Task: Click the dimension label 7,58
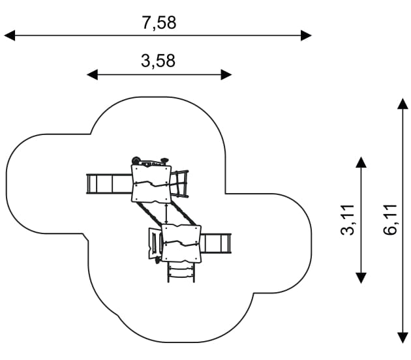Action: [x=159, y=23]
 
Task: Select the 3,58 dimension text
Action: [x=158, y=61]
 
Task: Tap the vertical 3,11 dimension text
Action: [x=348, y=219]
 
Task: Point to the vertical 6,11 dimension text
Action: [x=389, y=219]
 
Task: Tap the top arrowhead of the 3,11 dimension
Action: [x=361, y=162]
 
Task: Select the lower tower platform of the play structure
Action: [x=181, y=243]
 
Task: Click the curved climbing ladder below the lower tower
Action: [x=181, y=271]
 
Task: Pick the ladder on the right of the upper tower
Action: [x=180, y=183]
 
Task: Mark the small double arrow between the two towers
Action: [x=166, y=213]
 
